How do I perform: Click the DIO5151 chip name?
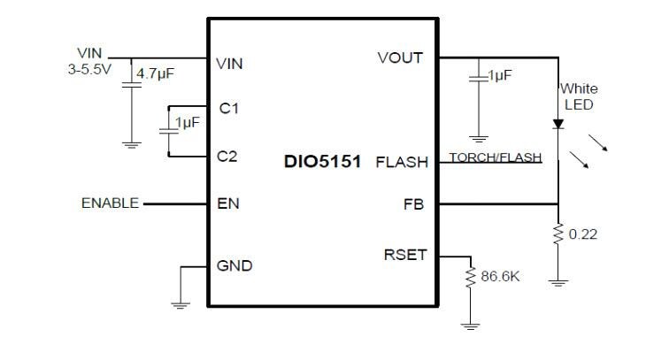[322, 163]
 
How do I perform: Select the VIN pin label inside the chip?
[229, 64]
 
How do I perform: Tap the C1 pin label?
[228, 108]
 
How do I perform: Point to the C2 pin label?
[228, 157]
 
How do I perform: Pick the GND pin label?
[235, 265]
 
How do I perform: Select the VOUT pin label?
[400, 58]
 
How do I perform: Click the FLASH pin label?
[402, 163]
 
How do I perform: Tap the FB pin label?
[414, 204]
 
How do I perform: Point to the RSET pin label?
[405, 255]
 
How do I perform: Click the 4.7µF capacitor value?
[152, 74]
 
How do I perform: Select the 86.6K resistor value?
[500, 277]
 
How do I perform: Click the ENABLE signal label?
[110, 203]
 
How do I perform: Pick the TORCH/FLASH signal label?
[495, 157]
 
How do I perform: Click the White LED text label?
[578, 96]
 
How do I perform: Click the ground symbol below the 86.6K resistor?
[471, 325]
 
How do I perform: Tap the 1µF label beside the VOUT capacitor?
[499, 76]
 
